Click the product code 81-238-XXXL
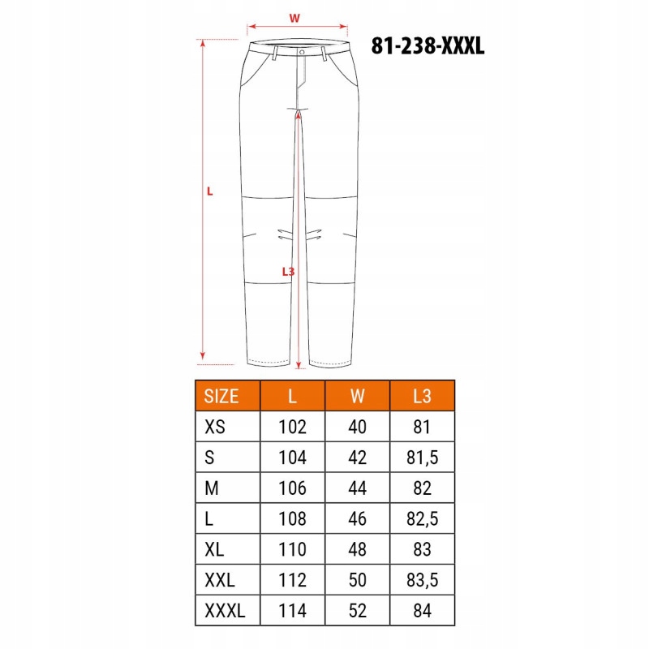(428, 45)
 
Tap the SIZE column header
(221, 396)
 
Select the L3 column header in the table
(422, 396)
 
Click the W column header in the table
(357, 396)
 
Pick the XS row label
(216, 427)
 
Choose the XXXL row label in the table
(225, 610)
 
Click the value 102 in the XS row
(292, 427)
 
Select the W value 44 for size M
(357, 488)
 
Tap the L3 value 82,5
(422, 519)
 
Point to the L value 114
(292, 610)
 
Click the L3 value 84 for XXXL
(422, 610)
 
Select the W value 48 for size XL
(357, 549)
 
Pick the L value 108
(292, 519)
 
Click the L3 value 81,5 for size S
(422, 458)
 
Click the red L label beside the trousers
(209, 191)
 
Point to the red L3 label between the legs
(288, 272)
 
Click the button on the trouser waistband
(301, 51)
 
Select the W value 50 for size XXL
(357, 580)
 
